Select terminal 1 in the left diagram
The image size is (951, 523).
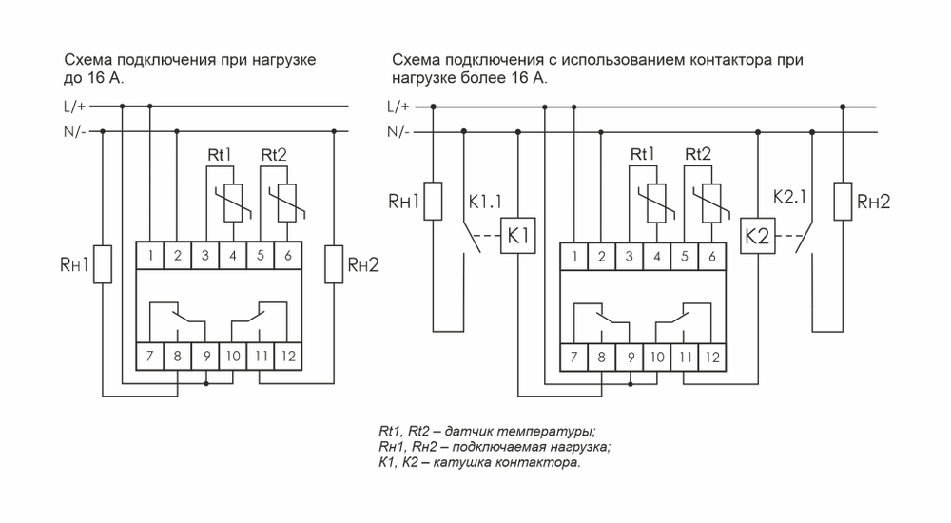[150, 255]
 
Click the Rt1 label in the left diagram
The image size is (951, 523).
[220, 155]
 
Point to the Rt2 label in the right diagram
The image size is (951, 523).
[697, 155]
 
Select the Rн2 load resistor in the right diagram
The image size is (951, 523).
[840, 202]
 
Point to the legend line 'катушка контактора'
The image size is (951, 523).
[477, 463]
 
